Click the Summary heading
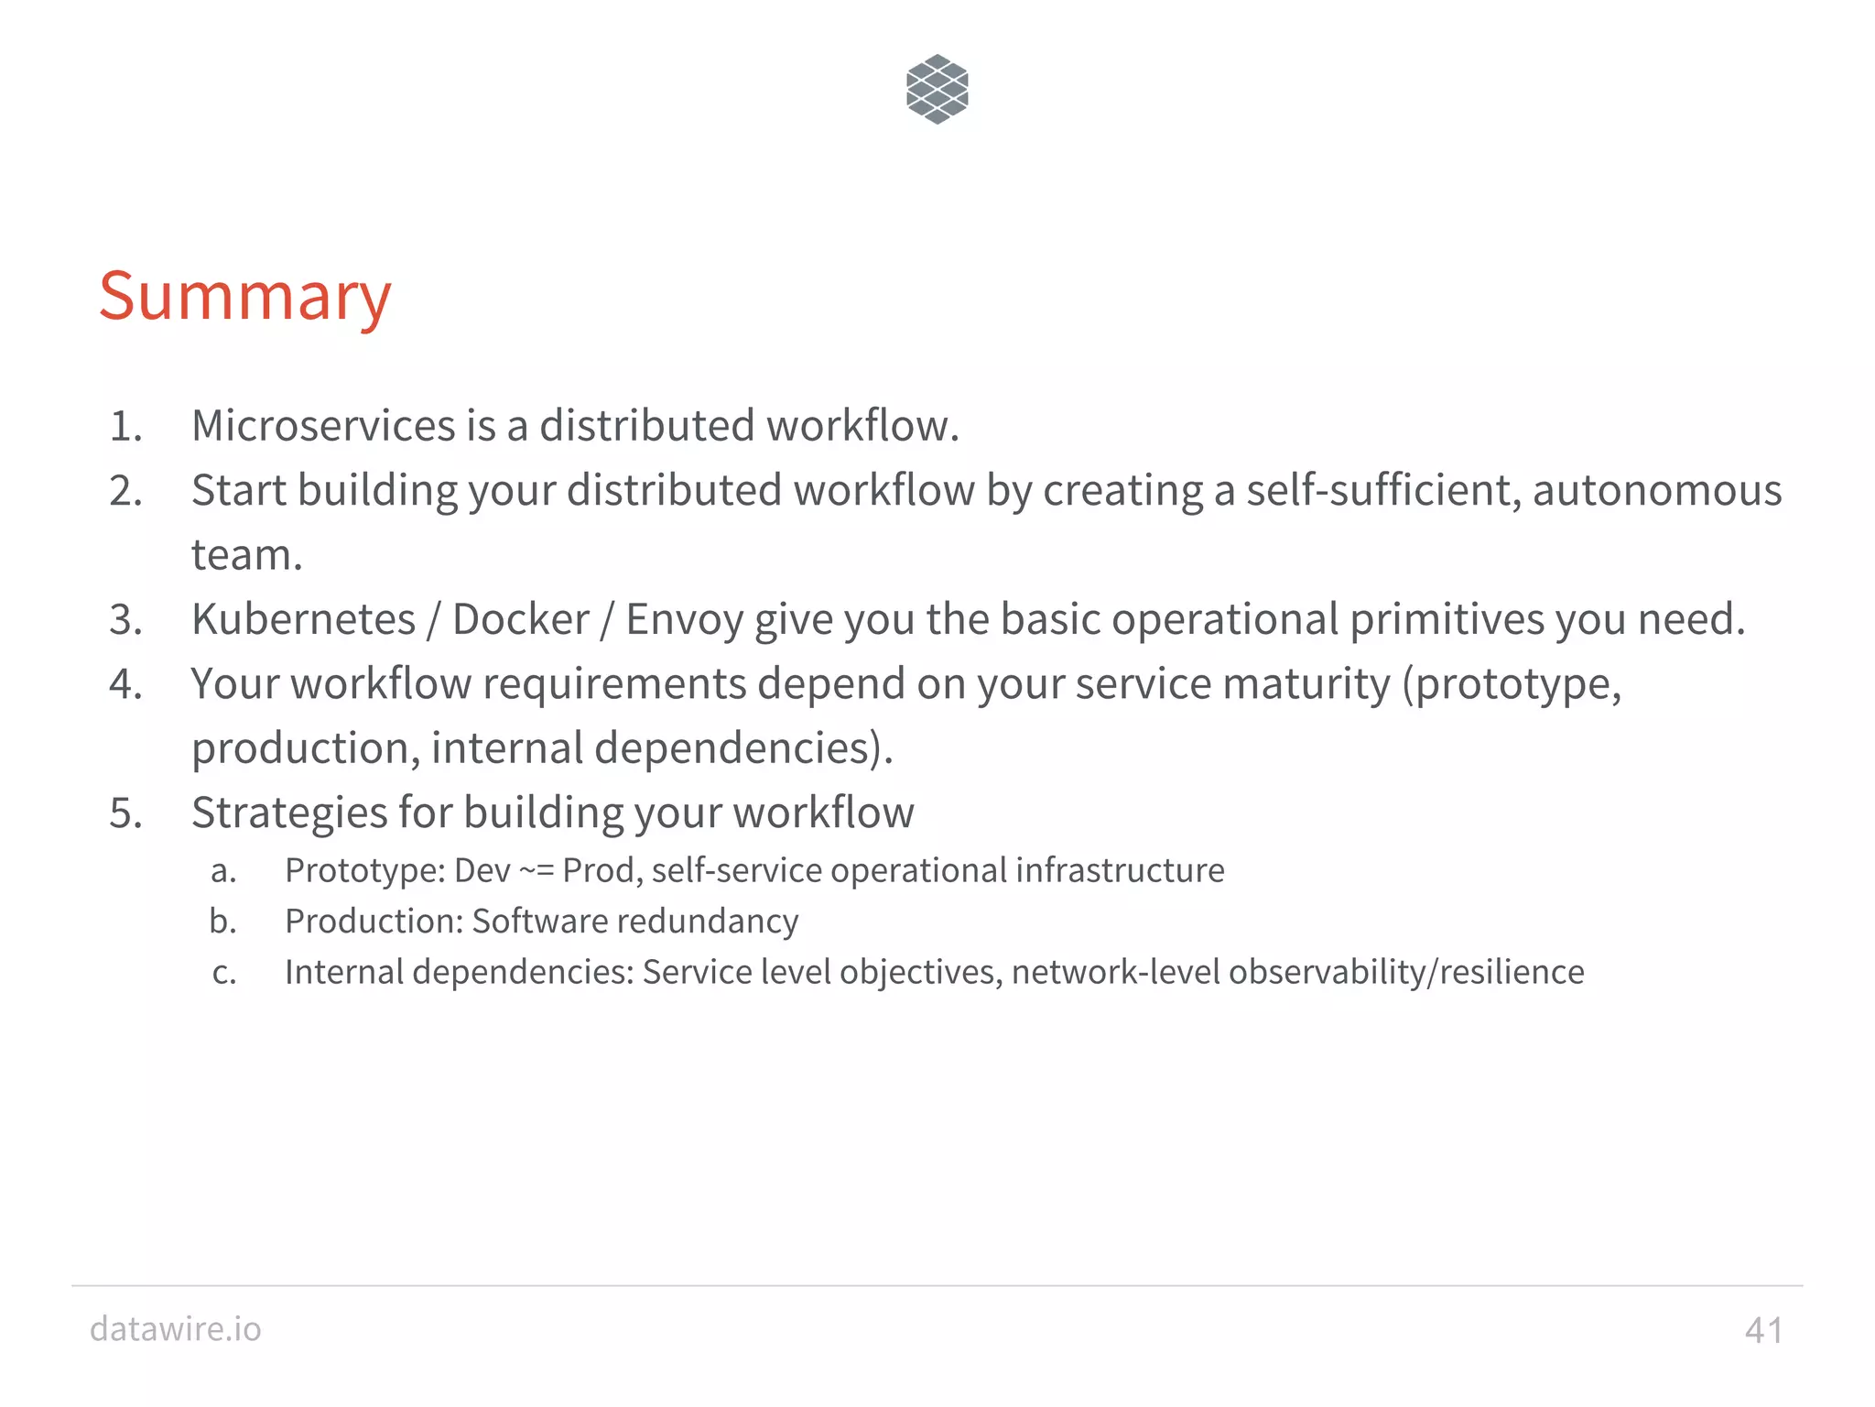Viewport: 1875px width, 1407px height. point(244,297)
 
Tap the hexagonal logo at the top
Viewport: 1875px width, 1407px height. point(937,89)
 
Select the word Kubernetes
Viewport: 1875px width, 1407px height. point(303,619)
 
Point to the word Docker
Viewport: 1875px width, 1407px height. point(520,619)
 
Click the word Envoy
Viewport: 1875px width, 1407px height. point(684,619)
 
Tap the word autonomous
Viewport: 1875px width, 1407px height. point(1657,490)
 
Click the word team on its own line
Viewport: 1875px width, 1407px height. point(245,555)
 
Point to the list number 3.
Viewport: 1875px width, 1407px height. point(125,620)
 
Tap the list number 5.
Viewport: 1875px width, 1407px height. point(125,813)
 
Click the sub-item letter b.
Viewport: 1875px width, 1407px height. point(222,921)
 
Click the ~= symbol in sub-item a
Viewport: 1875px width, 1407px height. point(536,870)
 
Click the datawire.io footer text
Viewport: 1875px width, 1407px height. point(175,1328)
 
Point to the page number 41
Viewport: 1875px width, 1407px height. point(1763,1330)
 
